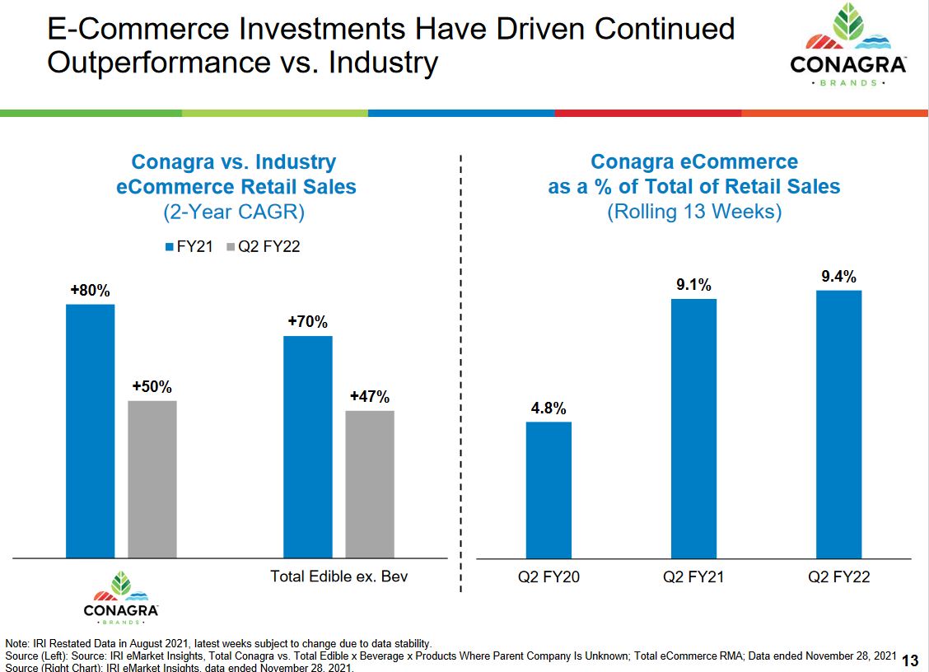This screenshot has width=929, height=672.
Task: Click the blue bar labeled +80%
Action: pos(91,431)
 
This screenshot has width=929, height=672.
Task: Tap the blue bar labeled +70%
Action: pos(308,446)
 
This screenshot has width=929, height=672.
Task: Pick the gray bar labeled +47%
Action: pos(370,484)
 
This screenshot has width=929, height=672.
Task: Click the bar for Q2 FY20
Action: pos(549,490)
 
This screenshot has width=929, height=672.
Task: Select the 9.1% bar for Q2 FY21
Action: pos(693,428)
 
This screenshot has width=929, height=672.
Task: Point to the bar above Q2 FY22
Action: pos(838,424)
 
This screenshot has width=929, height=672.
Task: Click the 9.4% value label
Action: pos(838,277)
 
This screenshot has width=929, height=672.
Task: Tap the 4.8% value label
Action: pos(549,408)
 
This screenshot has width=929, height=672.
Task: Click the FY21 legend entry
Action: pos(189,246)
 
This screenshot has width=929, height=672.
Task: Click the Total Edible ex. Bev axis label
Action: pos(338,576)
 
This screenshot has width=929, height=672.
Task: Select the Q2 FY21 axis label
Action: pos(693,577)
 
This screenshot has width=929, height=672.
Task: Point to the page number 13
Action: pos(910,660)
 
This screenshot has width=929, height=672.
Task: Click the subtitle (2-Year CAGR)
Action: pos(235,212)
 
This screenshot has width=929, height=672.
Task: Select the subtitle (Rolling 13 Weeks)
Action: pos(694,212)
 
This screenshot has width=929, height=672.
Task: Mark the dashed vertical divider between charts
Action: pos(460,371)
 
